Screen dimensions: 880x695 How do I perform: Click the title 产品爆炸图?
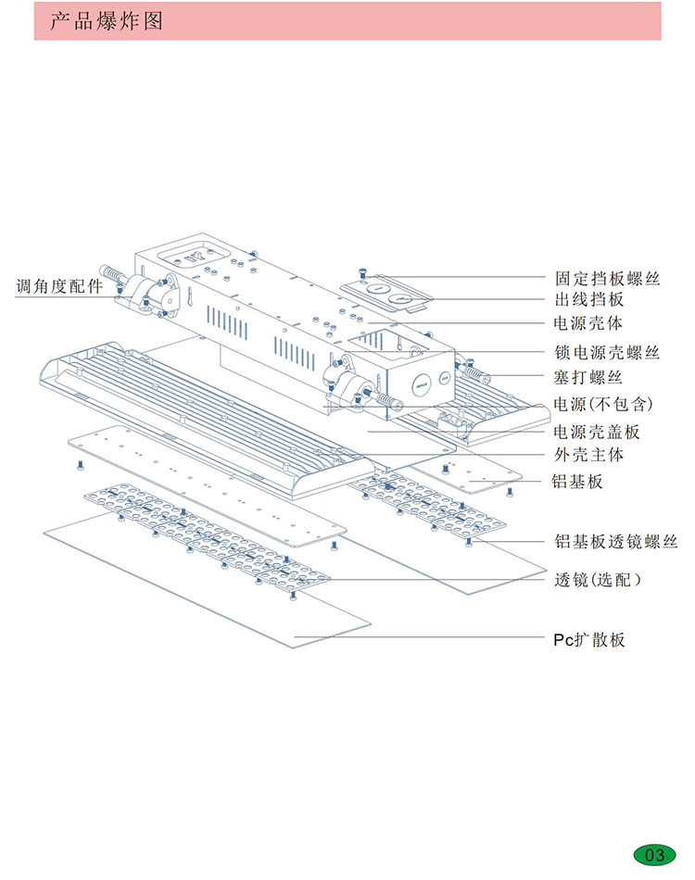pyautogui.click(x=106, y=21)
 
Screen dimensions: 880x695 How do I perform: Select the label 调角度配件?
pyautogui.click(x=59, y=285)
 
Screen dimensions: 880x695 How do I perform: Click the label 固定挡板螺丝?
pyautogui.click(x=607, y=277)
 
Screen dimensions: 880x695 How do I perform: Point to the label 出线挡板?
pyautogui.click(x=588, y=300)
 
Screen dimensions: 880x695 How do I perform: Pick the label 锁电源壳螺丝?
pyautogui.click(x=607, y=353)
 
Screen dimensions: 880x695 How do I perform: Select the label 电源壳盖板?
pyautogui.click(x=597, y=432)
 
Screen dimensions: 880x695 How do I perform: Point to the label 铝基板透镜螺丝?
pyautogui.click(x=615, y=542)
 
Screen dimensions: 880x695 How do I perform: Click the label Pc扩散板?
pyautogui.click(x=584, y=639)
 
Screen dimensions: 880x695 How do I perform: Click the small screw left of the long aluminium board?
pyautogui.click(x=82, y=462)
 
